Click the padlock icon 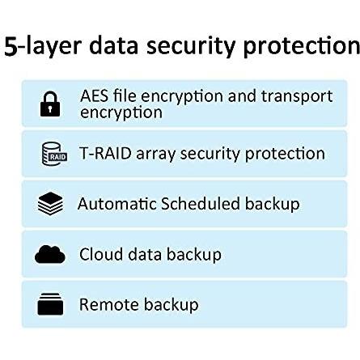(x=50, y=104)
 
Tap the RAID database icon (x=54, y=154)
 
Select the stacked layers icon (x=50, y=204)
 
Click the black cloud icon (x=50, y=254)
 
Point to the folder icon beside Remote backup (x=50, y=304)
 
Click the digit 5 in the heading (x=11, y=46)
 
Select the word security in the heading (x=191, y=46)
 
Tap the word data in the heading (x=113, y=45)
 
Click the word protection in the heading (x=301, y=46)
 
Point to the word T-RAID (x=105, y=154)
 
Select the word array (x=156, y=155)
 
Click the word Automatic (x=117, y=204)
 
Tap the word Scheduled (x=201, y=203)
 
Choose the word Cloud (x=101, y=254)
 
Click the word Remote (x=109, y=304)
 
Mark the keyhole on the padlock (x=50, y=108)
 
